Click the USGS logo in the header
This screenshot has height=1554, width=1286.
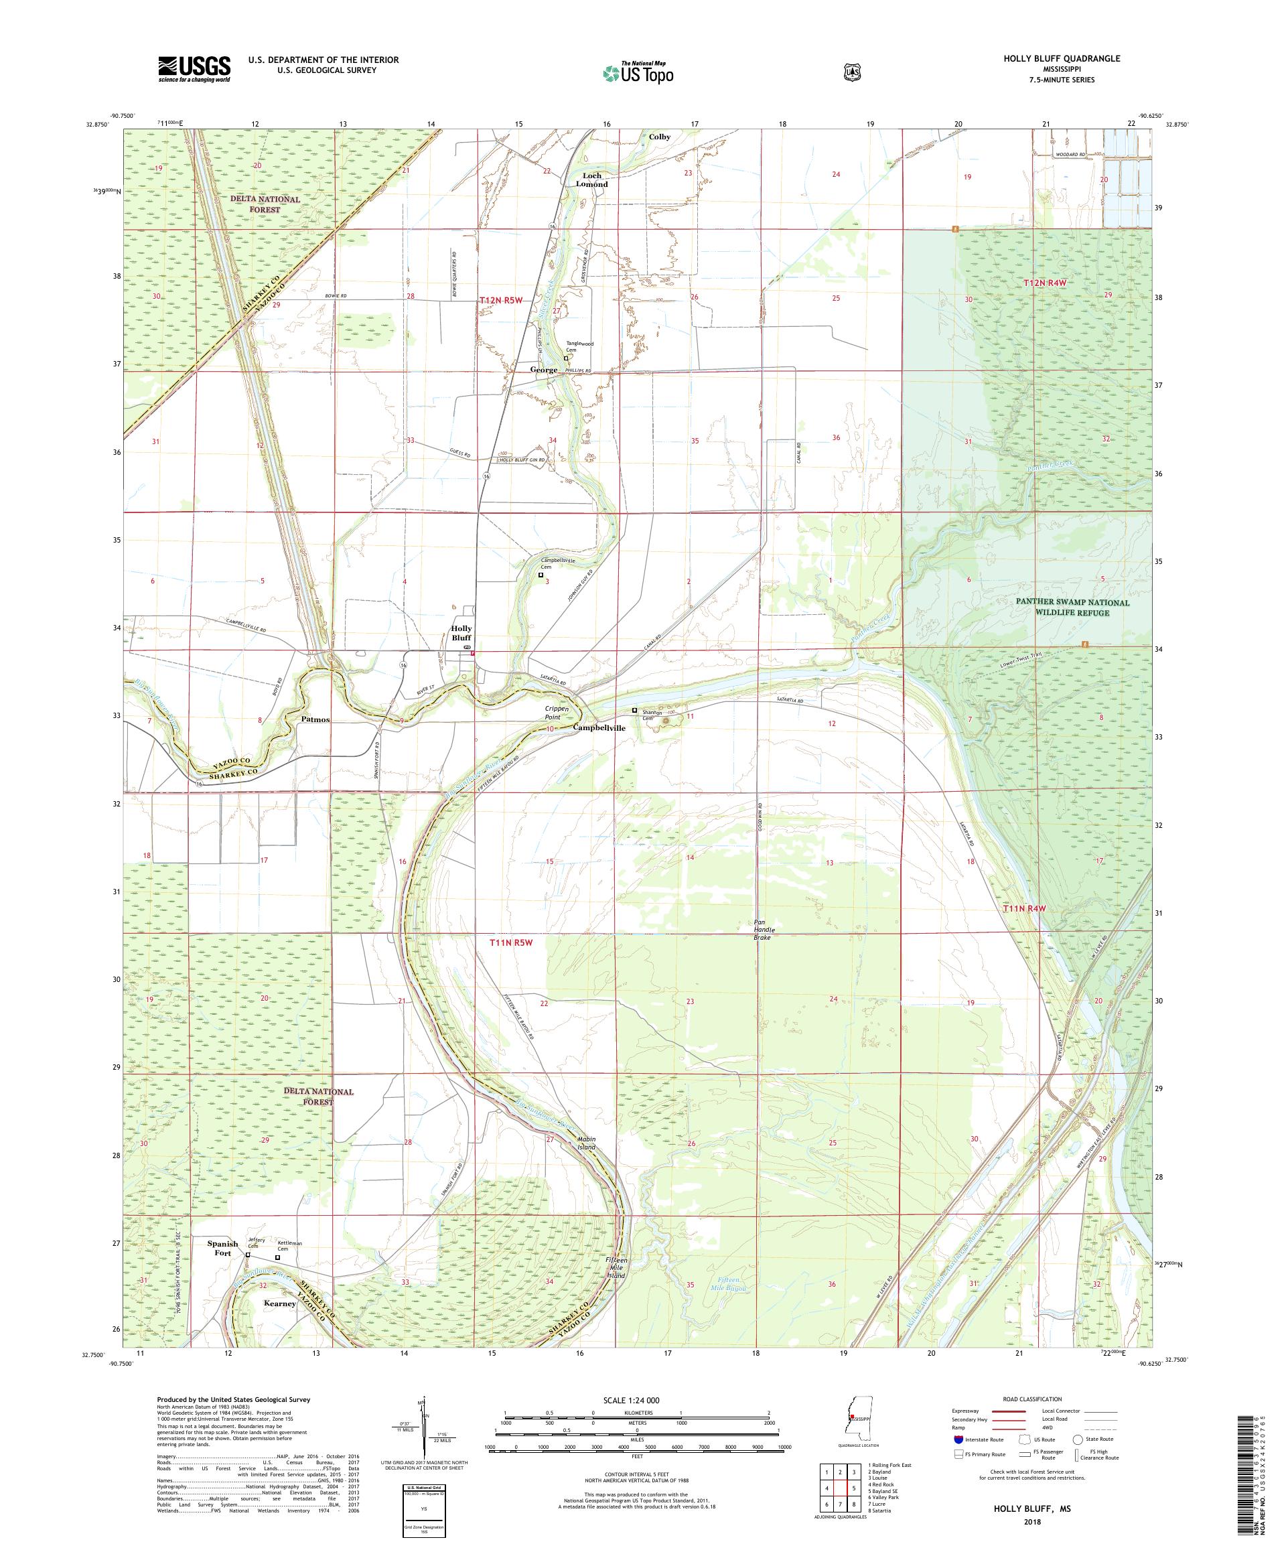click(x=194, y=70)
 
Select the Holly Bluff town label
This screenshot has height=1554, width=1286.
click(x=461, y=633)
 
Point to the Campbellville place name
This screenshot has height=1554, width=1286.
click(x=599, y=727)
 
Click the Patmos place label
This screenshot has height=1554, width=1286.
click(x=316, y=719)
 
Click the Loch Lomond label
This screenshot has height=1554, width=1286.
click(x=592, y=180)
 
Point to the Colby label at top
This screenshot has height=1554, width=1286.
click(x=659, y=137)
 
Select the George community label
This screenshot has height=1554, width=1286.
click(x=543, y=369)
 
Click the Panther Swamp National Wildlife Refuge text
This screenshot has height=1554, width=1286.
click(x=1076, y=607)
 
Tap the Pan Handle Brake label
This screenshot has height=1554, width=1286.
click(x=762, y=930)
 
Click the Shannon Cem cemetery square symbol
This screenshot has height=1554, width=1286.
click(x=634, y=711)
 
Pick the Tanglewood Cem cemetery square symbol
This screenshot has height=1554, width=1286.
click(x=566, y=358)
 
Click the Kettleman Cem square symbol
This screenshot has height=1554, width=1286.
click(x=277, y=1257)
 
